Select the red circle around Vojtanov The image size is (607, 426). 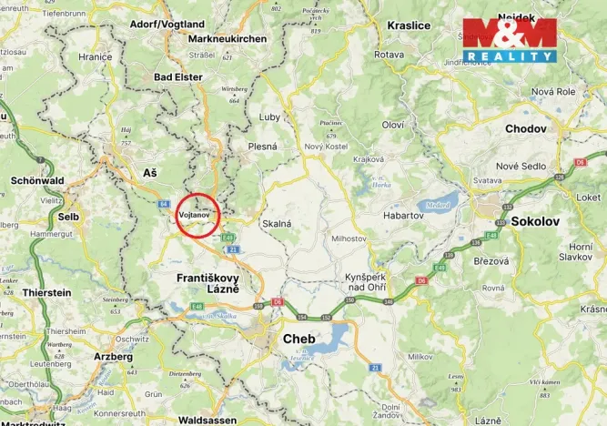click(x=197, y=215)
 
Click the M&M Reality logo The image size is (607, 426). click(x=509, y=40)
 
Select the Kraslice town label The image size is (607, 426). click(x=409, y=25)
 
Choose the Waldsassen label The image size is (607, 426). click(x=209, y=420)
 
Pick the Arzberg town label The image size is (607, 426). click(x=113, y=357)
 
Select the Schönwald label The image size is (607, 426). click(x=35, y=180)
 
